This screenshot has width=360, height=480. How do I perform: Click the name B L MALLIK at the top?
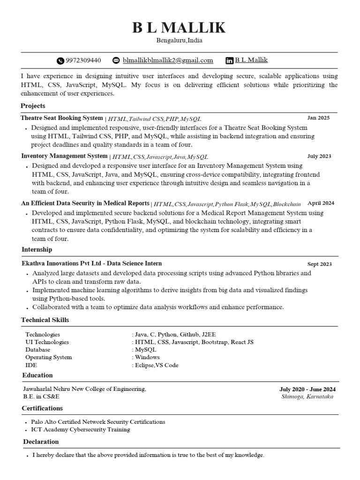179,28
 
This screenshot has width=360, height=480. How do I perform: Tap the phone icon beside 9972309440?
60,60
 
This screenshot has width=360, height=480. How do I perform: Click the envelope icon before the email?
116,60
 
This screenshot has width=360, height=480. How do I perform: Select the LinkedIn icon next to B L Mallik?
230,60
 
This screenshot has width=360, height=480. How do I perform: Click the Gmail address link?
168,60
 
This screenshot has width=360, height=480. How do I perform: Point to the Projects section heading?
33,106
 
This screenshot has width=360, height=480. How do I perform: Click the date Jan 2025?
318,118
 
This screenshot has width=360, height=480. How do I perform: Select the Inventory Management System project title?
64,156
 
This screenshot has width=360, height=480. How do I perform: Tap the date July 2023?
319,156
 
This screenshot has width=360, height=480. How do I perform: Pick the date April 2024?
321,203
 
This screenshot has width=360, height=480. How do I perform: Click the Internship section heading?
37,249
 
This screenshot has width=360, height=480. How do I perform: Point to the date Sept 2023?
319,264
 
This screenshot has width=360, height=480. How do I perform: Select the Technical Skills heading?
45,320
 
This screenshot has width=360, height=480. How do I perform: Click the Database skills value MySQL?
145,350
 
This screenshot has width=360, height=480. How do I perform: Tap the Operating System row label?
49,357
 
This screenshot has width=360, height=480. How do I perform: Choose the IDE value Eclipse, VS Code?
156,365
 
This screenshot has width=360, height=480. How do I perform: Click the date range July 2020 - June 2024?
307,389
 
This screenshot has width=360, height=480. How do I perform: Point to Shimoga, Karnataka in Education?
307,397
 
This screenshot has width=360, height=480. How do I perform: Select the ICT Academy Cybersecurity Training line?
81,429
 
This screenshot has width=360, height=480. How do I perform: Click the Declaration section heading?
41,442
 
